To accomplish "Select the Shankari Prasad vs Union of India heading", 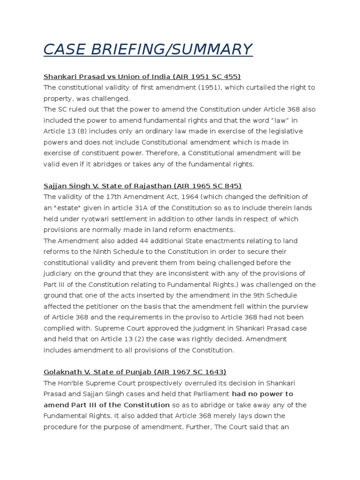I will point(142,76).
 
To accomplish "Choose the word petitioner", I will point(97,306).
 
